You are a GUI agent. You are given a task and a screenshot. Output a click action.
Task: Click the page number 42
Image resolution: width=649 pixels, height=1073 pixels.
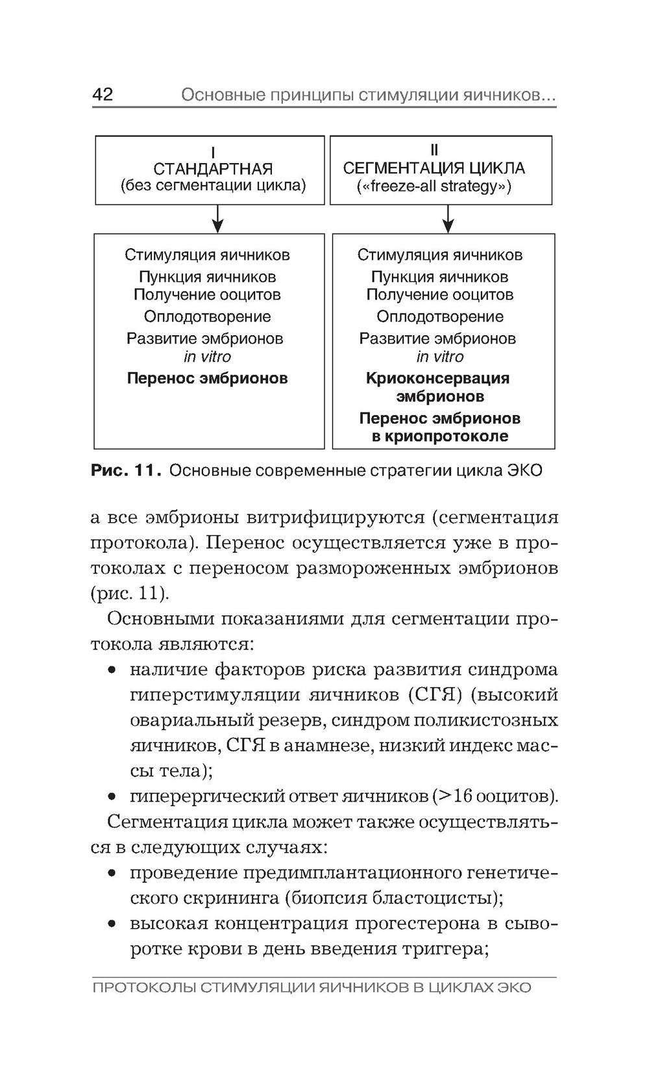103,95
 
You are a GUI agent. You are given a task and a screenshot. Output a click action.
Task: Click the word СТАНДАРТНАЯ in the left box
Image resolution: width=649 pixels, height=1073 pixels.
213,169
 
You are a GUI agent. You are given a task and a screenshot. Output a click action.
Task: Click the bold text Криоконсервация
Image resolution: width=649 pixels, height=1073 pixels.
437,378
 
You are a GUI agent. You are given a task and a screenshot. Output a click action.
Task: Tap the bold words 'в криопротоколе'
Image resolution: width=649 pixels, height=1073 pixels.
440,436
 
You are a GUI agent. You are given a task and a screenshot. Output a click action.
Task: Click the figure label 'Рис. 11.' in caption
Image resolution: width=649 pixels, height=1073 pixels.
125,470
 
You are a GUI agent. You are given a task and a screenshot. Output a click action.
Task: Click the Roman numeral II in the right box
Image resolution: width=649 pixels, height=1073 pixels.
434,151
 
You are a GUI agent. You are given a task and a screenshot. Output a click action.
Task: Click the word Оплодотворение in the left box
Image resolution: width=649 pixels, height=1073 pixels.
207,317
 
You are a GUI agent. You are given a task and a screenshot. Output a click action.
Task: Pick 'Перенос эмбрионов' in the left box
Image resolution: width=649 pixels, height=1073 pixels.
207,378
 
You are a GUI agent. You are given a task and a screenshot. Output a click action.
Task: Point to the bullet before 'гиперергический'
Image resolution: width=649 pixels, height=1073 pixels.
113,796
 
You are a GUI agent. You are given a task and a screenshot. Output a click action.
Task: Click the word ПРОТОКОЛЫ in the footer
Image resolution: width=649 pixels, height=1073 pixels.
144,988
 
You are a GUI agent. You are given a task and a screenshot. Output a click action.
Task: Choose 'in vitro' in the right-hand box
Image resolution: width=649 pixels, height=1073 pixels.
440,357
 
